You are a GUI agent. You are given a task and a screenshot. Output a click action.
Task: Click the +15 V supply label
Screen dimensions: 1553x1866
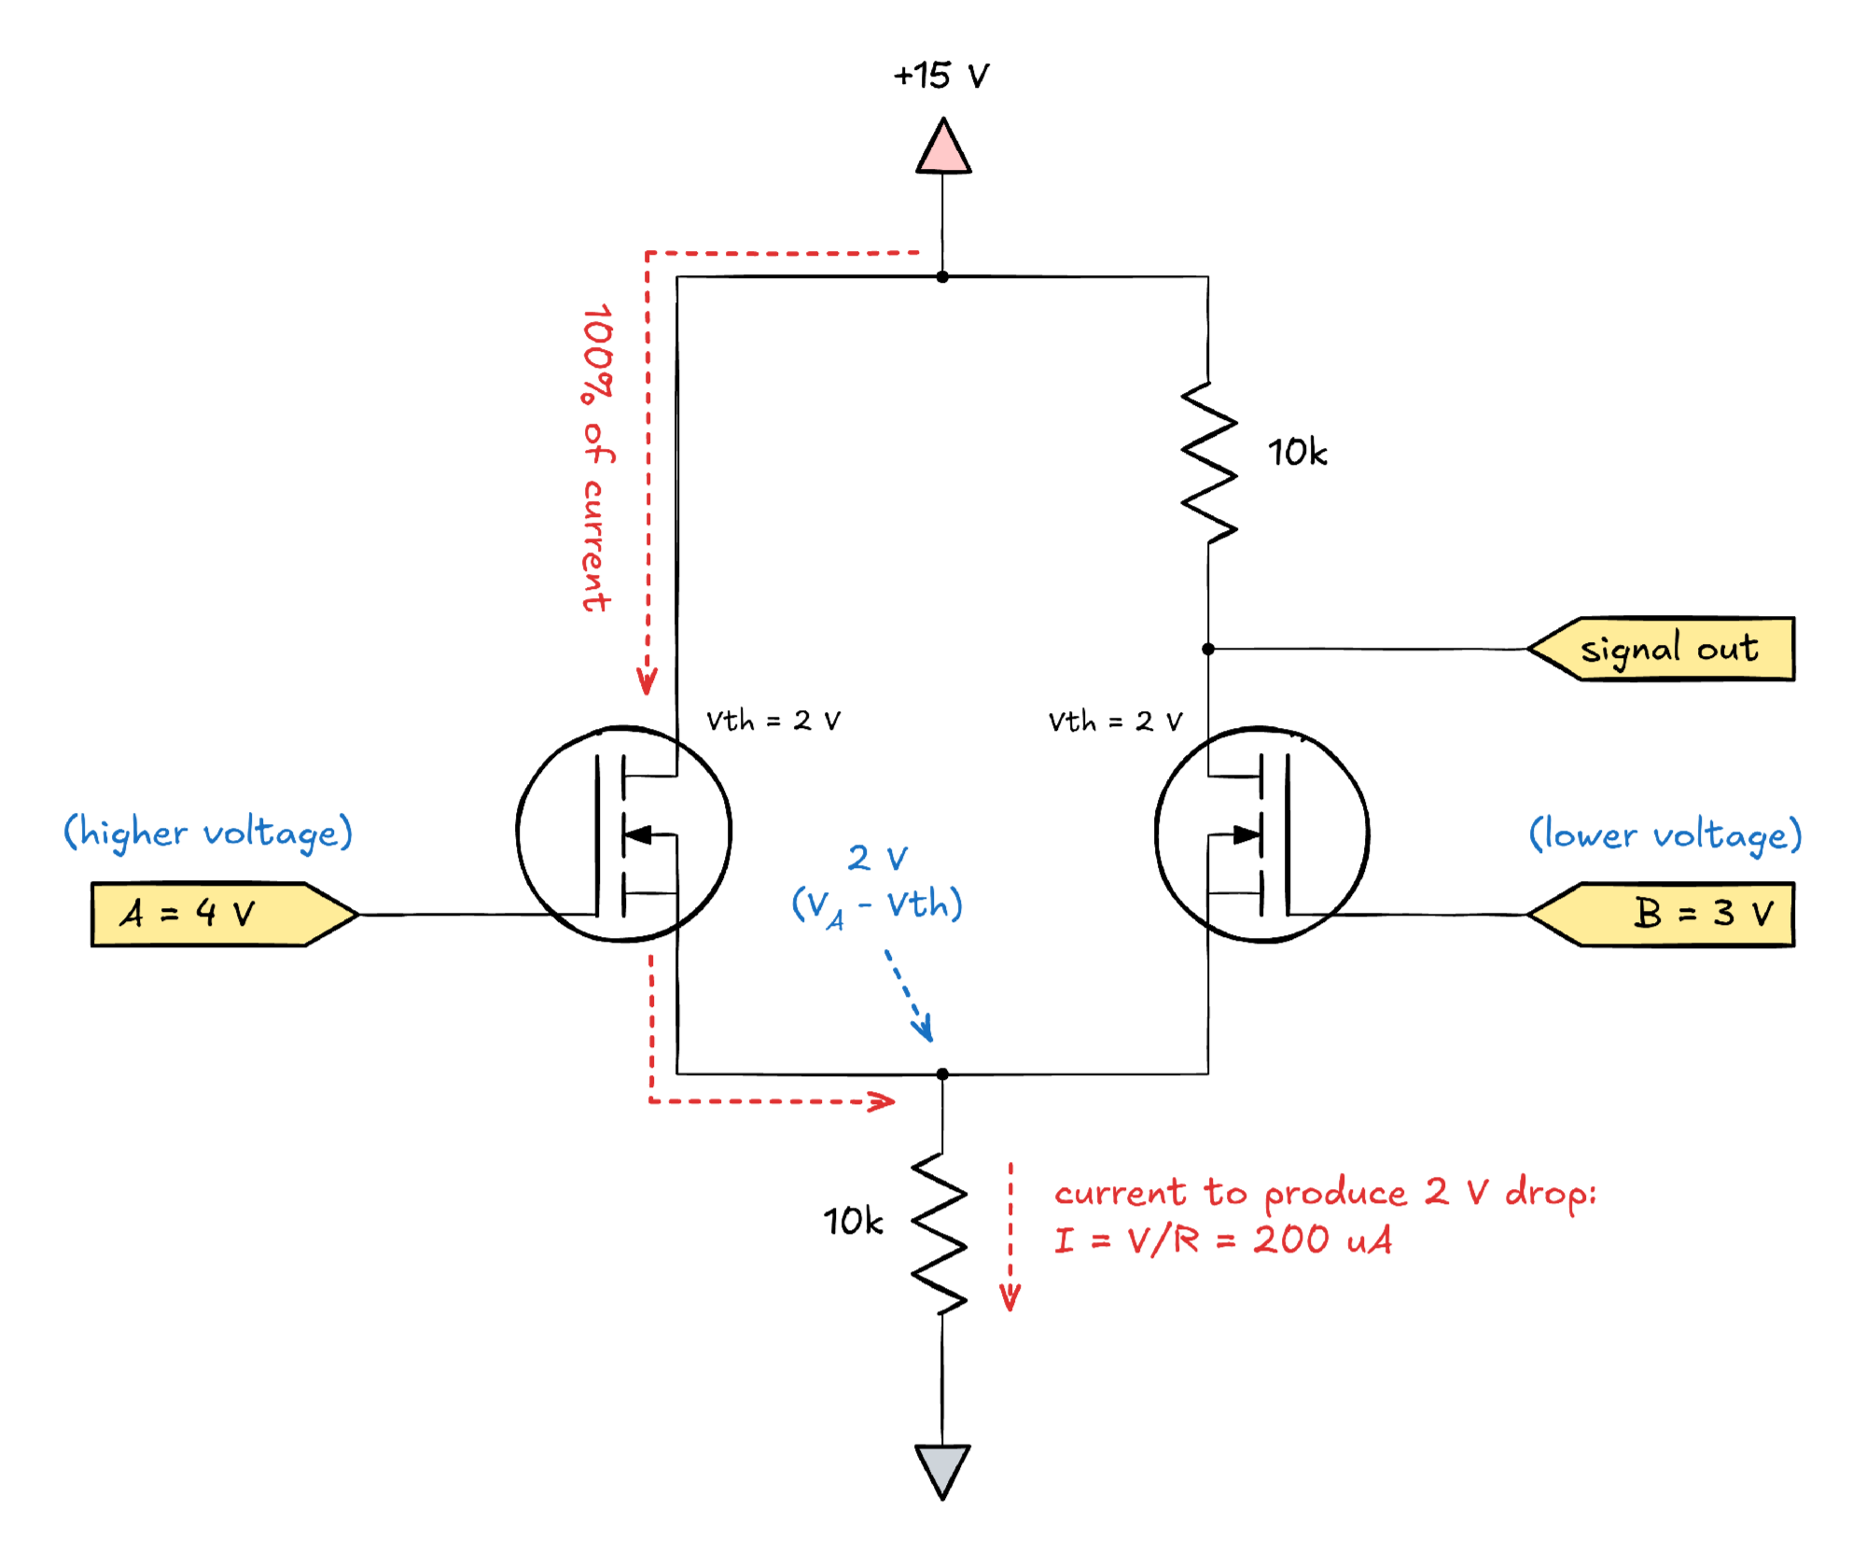click(x=940, y=76)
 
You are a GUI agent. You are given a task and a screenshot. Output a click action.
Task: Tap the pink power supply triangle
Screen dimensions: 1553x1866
click(x=943, y=149)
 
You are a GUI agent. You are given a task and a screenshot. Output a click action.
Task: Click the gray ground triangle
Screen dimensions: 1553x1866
click(x=942, y=1469)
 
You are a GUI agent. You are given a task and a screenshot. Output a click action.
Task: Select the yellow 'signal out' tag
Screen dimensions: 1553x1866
click(x=1666, y=649)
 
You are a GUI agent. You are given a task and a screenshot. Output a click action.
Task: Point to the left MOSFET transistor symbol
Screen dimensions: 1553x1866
click(x=623, y=833)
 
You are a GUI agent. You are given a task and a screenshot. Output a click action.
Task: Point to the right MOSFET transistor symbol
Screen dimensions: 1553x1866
click(x=1261, y=833)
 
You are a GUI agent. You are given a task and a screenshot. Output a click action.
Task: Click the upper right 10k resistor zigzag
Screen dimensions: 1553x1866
click(x=1209, y=462)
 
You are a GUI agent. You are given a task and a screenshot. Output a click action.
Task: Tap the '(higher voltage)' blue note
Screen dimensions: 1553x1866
click(x=207, y=832)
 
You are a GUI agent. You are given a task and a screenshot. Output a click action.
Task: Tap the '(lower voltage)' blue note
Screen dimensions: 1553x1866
click(x=1664, y=834)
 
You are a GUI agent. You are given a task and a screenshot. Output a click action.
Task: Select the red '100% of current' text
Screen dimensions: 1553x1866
click(x=597, y=457)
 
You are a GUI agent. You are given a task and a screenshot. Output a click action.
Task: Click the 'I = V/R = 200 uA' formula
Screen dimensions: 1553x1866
click(x=1222, y=1240)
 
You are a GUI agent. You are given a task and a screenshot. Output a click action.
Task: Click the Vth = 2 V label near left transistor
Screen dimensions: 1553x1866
click(x=773, y=721)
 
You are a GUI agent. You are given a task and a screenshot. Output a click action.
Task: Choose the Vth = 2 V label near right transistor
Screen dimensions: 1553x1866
click(x=1115, y=721)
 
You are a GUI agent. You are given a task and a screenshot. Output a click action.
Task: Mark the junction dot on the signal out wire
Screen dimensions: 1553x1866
click(x=1208, y=649)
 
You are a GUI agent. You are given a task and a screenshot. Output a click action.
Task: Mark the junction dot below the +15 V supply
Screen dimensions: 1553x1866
click(x=942, y=277)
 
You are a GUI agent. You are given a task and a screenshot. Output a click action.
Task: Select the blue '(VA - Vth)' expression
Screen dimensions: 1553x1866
click(x=877, y=905)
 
